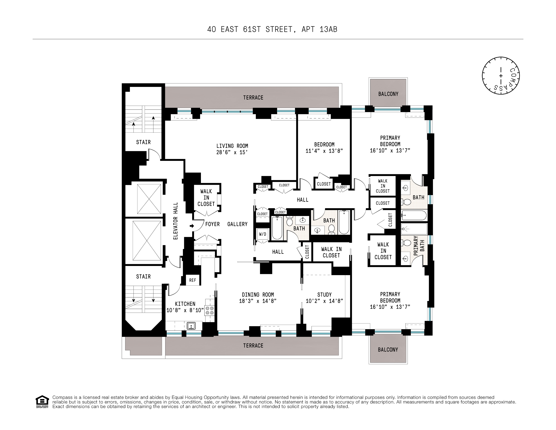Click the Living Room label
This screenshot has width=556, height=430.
pyautogui.click(x=232, y=146)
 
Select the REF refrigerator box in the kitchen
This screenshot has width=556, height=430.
pyautogui.click(x=193, y=280)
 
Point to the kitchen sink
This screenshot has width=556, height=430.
pyautogui.click(x=191, y=326)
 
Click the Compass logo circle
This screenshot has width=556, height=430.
pyautogui.click(x=500, y=76)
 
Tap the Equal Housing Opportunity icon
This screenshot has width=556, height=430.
pyautogui.click(x=42, y=402)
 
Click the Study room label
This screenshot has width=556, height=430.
pyautogui.click(x=324, y=295)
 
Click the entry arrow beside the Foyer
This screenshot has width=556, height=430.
pyautogui.click(x=192, y=226)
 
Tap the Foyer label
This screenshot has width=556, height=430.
pyautogui.click(x=212, y=224)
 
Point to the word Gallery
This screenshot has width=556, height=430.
pyautogui.click(x=237, y=224)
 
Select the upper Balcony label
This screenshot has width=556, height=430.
pyautogui.click(x=388, y=94)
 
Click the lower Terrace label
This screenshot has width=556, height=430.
pyautogui.click(x=253, y=346)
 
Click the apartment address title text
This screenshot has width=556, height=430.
pyautogui.click(x=272, y=29)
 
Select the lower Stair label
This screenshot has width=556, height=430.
pyautogui.click(x=143, y=277)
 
